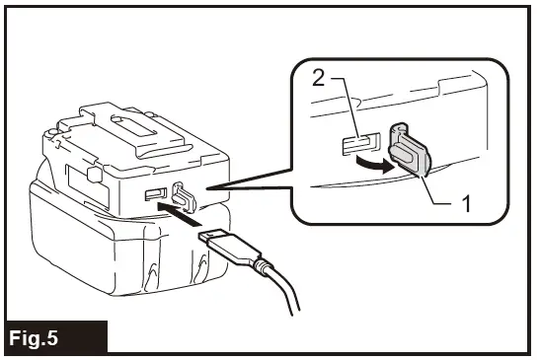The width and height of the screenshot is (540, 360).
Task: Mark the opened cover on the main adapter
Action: click(181, 194)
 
